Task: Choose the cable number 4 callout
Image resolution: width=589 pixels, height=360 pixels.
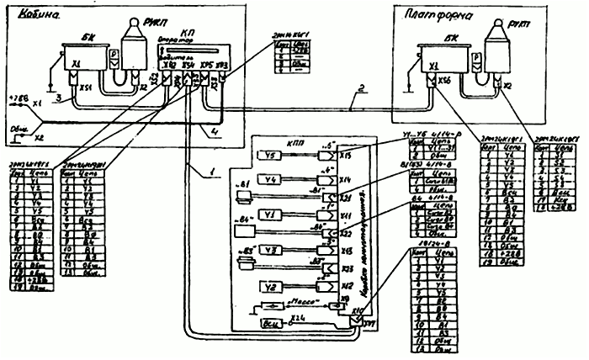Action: tap(215, 131)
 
